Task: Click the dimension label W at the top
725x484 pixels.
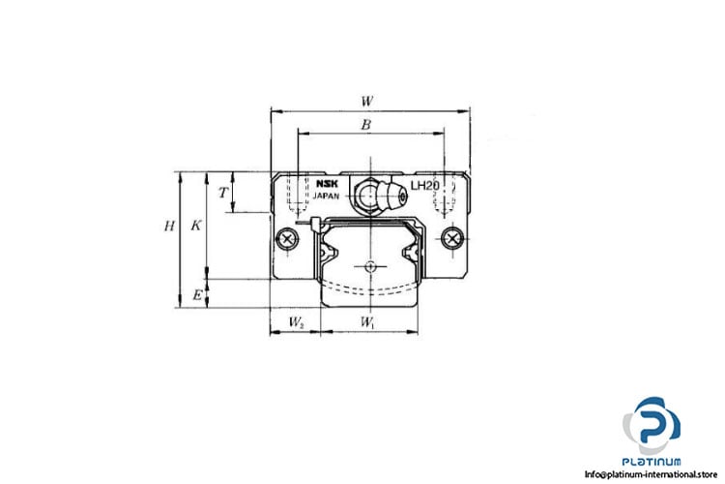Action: click(x=367, y=101)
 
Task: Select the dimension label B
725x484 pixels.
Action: click(x=365, y=125)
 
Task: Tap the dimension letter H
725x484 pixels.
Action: click(x=170, y=226)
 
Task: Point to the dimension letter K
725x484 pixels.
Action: click(x=196, y=226)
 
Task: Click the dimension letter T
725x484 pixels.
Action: click(x=223, y=193)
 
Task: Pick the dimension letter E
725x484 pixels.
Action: click(x=197, y=294)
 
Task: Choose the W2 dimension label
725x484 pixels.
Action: click(x=296, y=321)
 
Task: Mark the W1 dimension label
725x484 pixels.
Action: click(x=367, y=321)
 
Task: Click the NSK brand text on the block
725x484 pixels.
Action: click(x=327, y=184)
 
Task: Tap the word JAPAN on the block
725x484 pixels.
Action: click(x=326, y=196)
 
